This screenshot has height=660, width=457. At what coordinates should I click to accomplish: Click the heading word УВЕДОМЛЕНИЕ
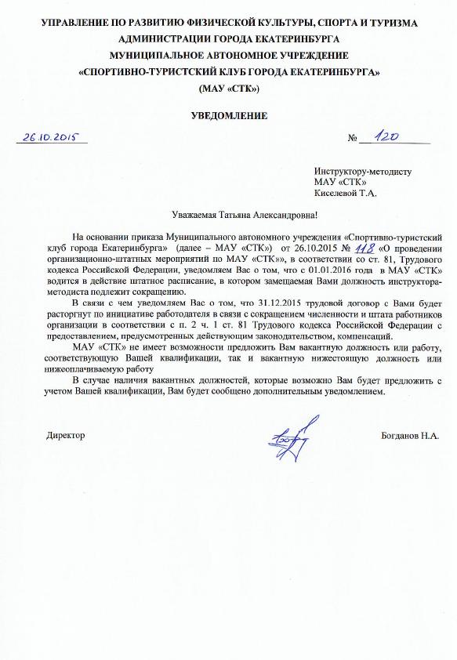(229, 116)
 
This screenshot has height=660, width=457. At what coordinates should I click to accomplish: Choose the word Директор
(66, 434)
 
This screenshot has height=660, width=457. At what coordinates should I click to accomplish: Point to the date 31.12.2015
(268, 303)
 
